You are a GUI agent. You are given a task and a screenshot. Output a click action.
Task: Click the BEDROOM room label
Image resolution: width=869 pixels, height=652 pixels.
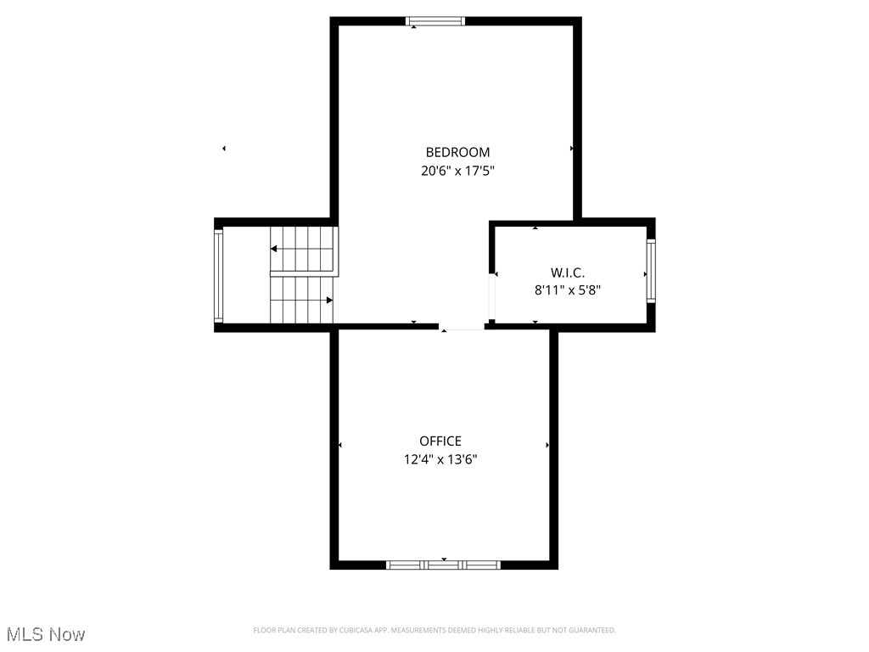pos(457,153)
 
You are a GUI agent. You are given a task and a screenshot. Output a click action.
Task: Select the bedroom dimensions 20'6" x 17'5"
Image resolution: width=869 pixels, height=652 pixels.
pos(457,171)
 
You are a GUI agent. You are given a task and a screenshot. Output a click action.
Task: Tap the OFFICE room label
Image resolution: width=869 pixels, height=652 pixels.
pos(440,441)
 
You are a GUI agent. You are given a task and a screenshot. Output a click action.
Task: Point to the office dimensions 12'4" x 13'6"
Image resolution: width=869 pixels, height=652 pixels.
pos(440,459)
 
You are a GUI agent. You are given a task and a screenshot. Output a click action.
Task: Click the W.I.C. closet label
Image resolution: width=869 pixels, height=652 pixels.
pos(568,273)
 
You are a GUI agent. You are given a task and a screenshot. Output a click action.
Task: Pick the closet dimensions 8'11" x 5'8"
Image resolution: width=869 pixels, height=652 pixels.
pos(568,290)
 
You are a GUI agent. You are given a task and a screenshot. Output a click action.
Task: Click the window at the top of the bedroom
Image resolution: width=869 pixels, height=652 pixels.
pos(435,21)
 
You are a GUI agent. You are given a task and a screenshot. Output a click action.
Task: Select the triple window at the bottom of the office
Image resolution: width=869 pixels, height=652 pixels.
pos(443,565)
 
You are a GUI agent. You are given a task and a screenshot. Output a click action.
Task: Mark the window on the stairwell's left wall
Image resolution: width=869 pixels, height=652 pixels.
pos(218,275)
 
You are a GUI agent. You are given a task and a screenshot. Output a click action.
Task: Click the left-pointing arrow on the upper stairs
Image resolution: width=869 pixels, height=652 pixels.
pos(275,249)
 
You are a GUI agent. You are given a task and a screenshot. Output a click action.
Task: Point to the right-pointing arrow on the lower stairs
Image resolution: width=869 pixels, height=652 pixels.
pos(328,300)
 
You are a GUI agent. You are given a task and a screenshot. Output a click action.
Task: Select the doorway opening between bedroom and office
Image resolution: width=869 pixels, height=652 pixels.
pos(463,328)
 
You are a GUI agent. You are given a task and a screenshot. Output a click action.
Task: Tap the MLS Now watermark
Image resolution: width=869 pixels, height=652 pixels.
pos(46,634)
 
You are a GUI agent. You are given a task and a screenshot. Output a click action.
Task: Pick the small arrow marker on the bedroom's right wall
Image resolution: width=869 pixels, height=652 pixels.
pos(572,149)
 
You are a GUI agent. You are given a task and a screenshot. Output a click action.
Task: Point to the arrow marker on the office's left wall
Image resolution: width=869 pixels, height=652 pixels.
pos(340,445)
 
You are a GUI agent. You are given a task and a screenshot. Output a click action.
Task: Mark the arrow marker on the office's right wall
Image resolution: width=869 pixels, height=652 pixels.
pos(547,445)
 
